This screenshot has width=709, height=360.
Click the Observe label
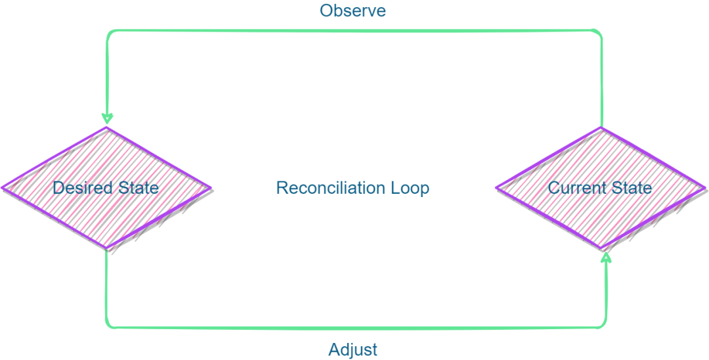coord(353,11)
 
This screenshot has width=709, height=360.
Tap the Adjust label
coord(353,349)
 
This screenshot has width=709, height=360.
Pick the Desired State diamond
coord(106,210)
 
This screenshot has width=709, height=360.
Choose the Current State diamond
coord(599,210)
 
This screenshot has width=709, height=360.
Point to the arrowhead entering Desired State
coord(107,119)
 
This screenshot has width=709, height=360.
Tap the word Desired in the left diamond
coord(75,188)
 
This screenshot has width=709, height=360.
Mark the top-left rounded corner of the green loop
coord(110,33)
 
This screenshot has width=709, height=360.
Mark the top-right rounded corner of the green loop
coord(598,34)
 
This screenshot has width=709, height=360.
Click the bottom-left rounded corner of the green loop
coord(109,325)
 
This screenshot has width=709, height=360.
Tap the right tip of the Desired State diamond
coord(209,187)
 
